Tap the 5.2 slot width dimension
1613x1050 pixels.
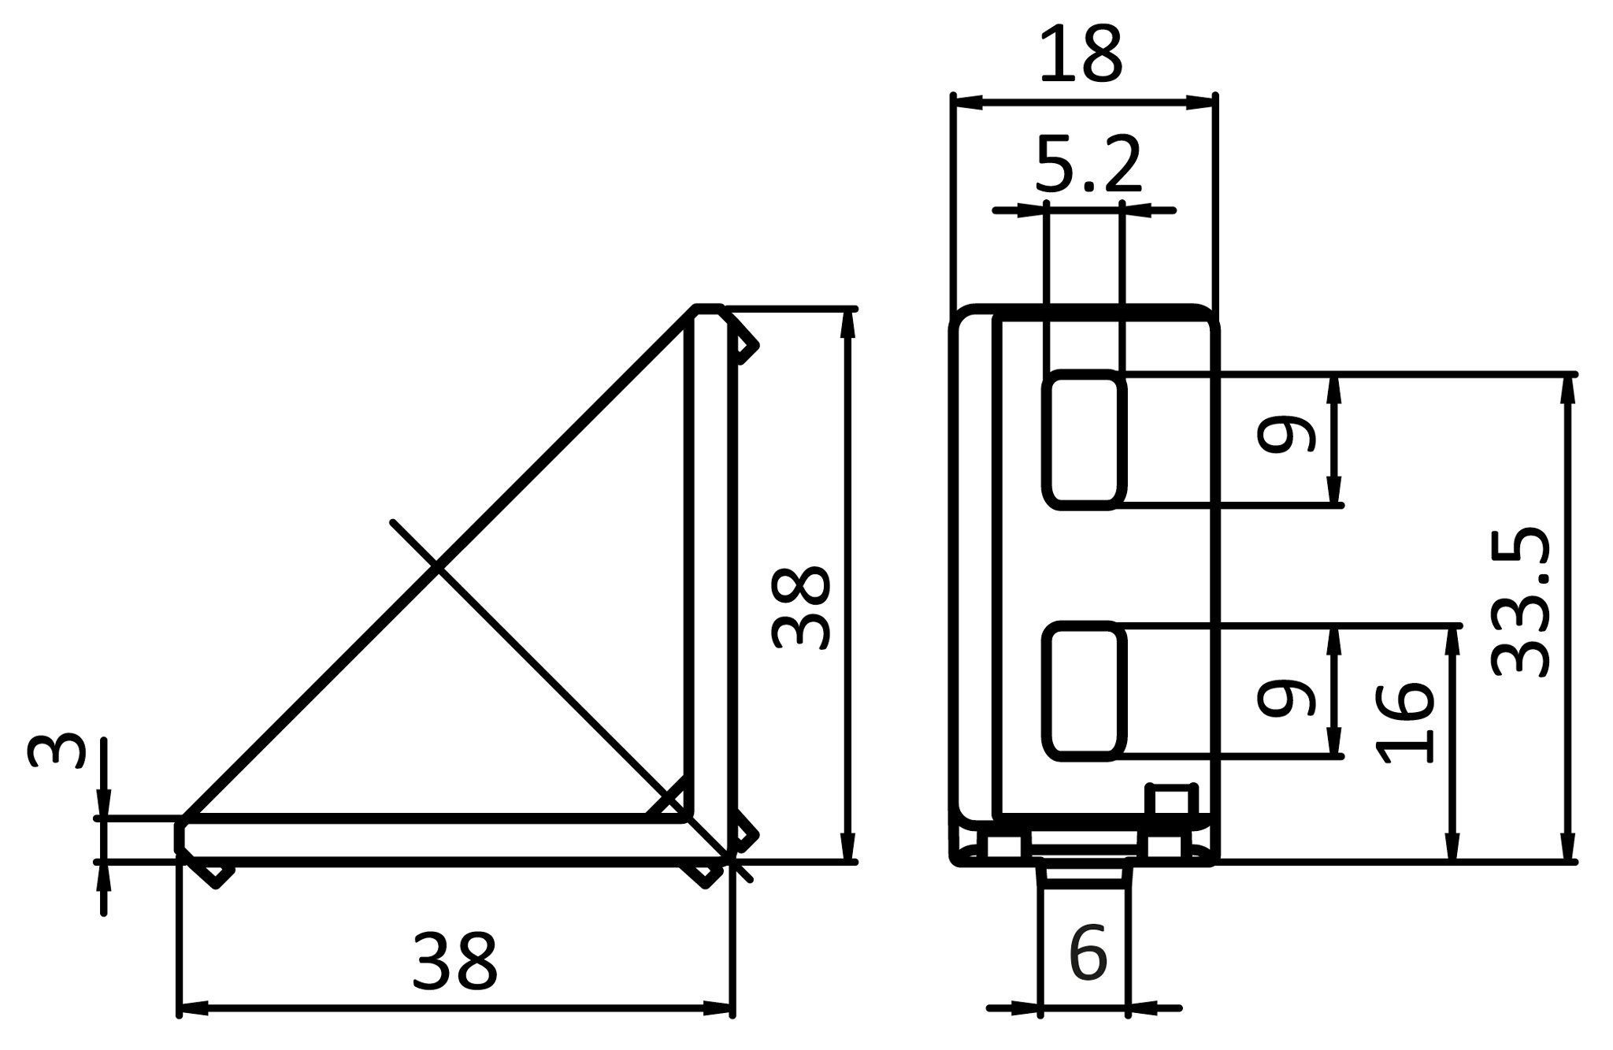1088,165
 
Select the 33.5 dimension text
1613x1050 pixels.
1522,603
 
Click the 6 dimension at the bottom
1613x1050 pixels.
1088,954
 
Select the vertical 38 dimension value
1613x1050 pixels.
801,607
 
